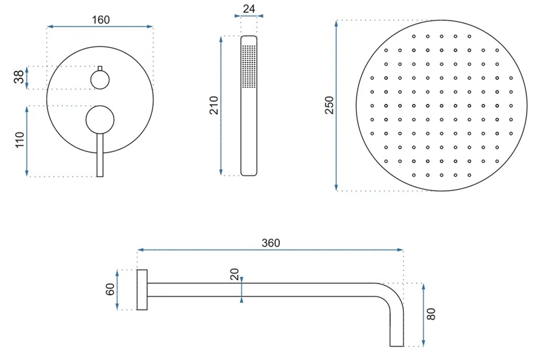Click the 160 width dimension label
101,20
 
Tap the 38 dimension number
19,76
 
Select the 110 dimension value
20,140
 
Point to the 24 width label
249,8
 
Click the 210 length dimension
214,106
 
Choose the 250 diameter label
329,105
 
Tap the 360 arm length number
271,243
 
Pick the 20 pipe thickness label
234,275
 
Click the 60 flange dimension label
110,289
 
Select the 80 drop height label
431,314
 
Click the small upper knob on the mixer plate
100,80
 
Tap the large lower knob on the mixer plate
100,120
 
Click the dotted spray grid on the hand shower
249,66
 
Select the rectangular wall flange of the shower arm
142,290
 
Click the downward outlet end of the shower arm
397,343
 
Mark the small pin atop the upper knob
100,69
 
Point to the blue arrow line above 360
270,249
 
